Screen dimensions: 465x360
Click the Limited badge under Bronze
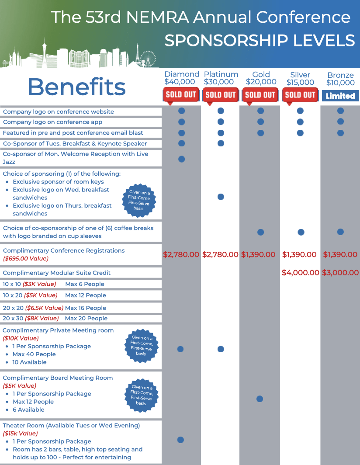tap(340, 96)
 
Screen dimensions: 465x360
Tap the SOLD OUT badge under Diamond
tap(181, 94)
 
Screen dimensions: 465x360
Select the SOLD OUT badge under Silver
tap(300, 94)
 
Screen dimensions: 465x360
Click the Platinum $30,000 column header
tap(221, 78)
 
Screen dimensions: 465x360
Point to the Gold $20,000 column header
tap(261, 78)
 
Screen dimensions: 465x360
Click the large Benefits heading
tap(76, 87)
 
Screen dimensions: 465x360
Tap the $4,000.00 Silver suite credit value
tap(300, 273)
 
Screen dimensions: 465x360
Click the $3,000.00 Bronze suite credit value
tap(340, 273)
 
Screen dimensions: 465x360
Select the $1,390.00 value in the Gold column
tap(258, 254)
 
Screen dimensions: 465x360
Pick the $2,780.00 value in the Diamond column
tap(181, 254)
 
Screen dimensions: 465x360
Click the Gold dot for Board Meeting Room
tap(260, 399)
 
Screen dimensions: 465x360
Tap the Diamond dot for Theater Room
tap(180, 440)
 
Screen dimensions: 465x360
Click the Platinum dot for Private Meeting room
tap(221, 349)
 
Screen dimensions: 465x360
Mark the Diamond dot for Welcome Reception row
tap(182, 159)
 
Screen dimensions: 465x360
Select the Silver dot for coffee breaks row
tap(301, 232)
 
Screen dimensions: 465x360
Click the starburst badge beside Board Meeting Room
tap(141, 395)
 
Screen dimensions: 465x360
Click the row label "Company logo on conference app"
tap(52, 122)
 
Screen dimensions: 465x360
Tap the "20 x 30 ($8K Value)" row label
tap(31, 318)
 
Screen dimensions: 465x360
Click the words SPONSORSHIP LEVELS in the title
tap(260, 41)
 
